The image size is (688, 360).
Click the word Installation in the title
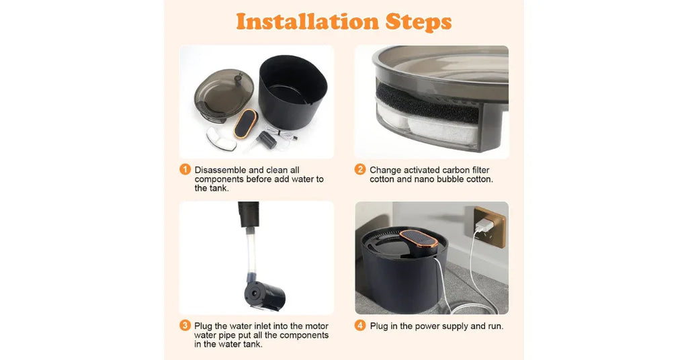tap(307, 21)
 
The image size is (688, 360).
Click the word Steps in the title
tap(419, 22)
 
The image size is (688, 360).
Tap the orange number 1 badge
tap(185, 170)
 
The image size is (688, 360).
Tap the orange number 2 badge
tap(360, 170)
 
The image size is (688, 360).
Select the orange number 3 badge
tap(185, 326)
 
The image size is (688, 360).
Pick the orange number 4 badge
tap(360, 326)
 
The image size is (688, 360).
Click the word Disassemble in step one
tap(220, 170)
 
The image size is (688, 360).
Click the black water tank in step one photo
tap(293, 92)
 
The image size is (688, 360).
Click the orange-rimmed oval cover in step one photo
tap(245, 124)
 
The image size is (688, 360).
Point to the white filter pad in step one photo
tap(221, 138)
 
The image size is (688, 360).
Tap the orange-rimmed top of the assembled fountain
tap(419, 238)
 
